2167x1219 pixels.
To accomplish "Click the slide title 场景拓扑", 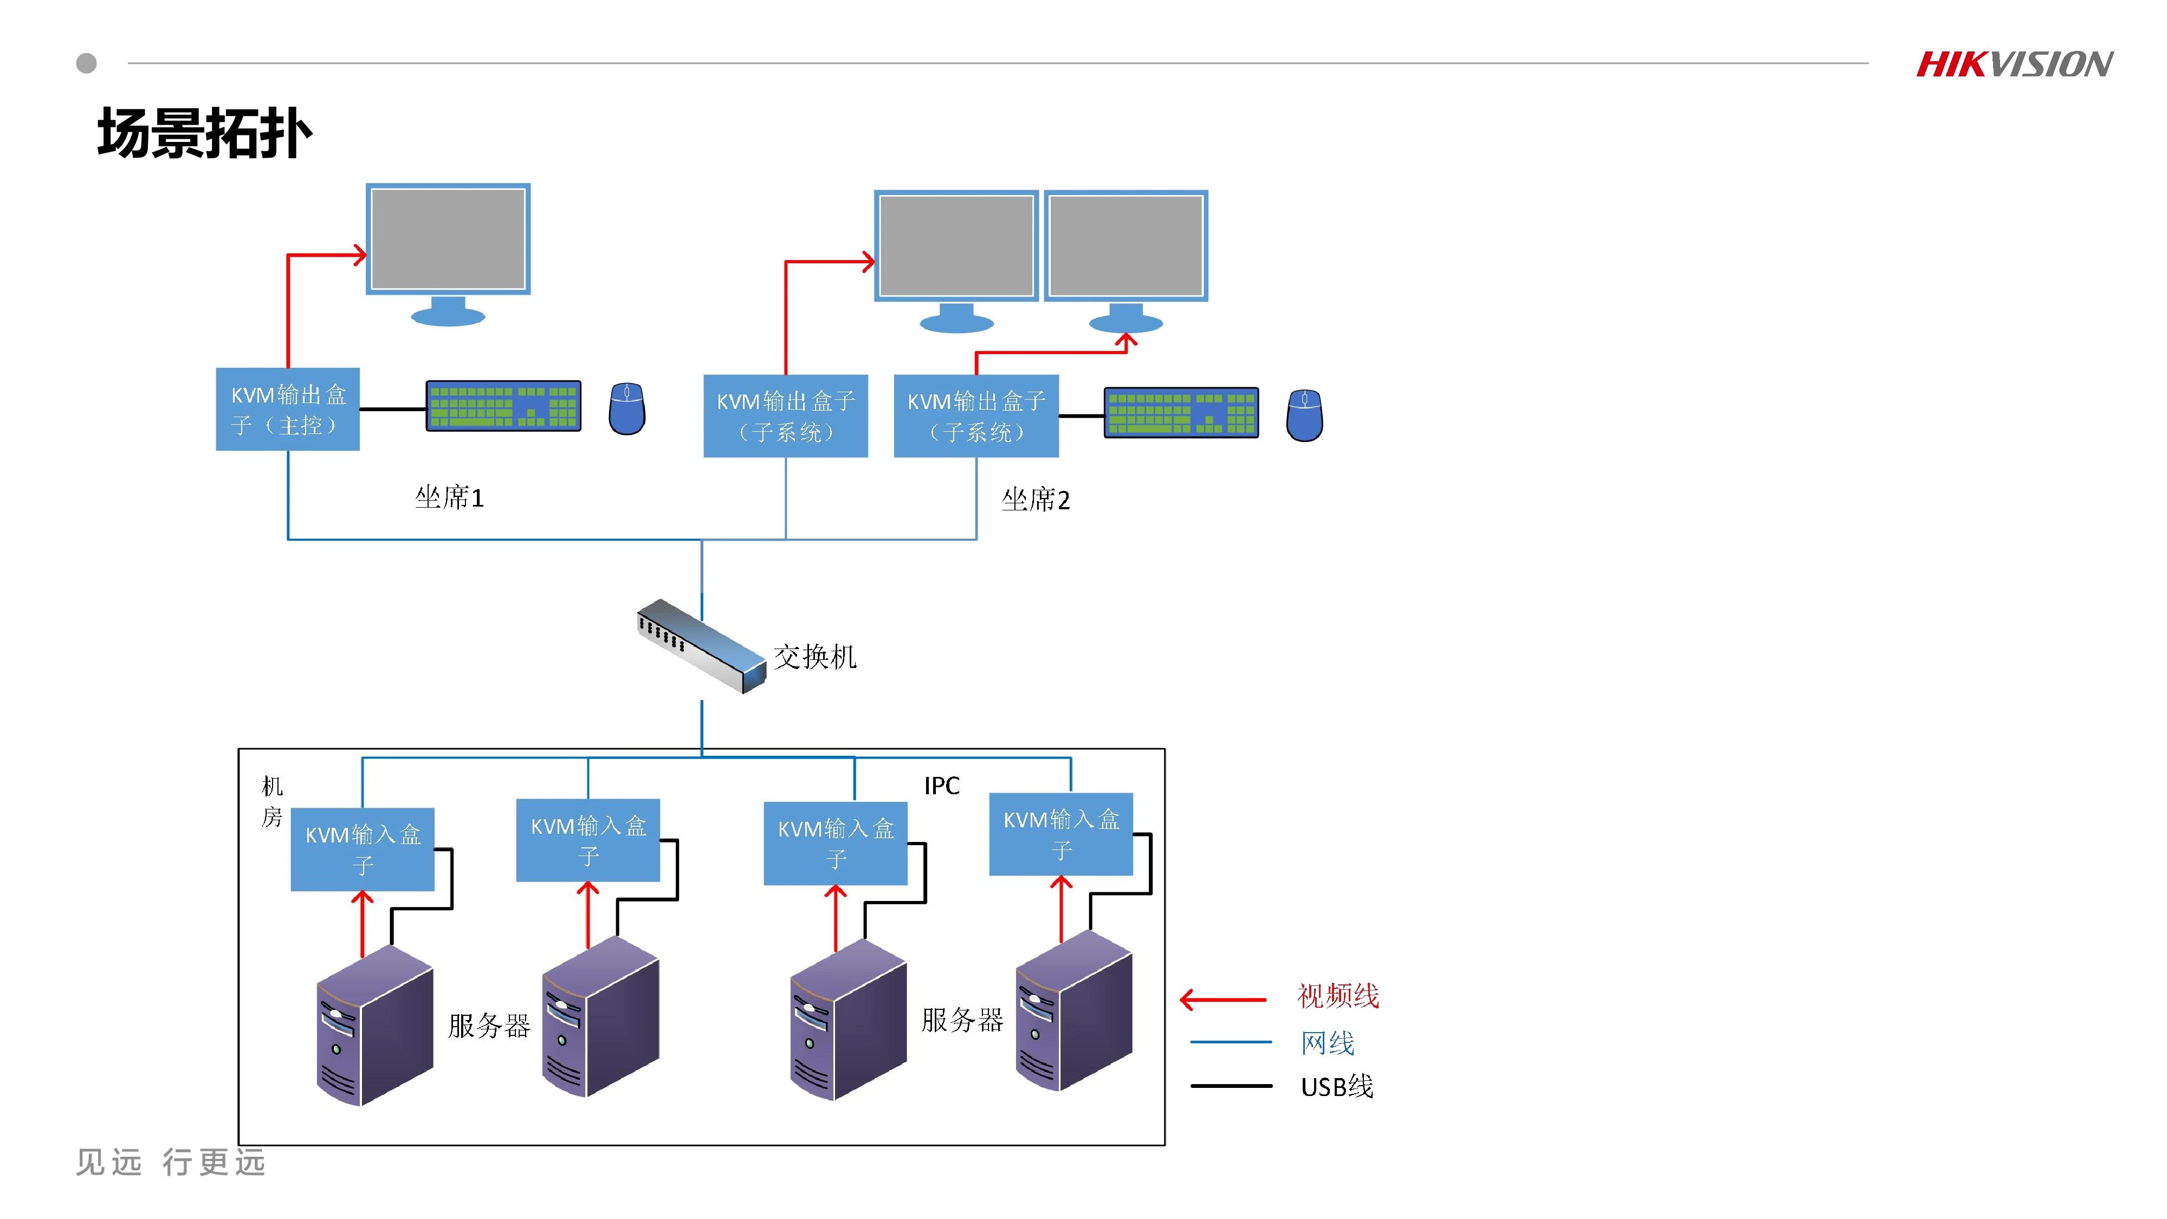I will [204, 133].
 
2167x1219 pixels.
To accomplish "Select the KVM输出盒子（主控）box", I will [288, 410].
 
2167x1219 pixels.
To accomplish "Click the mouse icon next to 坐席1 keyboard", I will [627, 409].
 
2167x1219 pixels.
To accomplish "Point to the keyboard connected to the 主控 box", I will [503, 406].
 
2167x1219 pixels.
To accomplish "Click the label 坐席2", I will [1036, 500].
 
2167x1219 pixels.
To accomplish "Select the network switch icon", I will [701, 646].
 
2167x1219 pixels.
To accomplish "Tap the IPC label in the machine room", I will [941, 786].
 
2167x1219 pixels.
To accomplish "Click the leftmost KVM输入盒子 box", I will [363, 850].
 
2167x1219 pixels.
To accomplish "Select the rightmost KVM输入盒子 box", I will [1061, 834].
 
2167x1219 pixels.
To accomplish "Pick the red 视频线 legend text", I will [1337, 996].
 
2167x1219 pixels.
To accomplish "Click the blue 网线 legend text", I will [1328, 1043].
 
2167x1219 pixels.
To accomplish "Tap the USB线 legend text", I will [1337, 1087].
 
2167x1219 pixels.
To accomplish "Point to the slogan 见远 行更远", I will [171, 1163].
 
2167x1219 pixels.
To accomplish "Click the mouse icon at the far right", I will [1304, 415].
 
